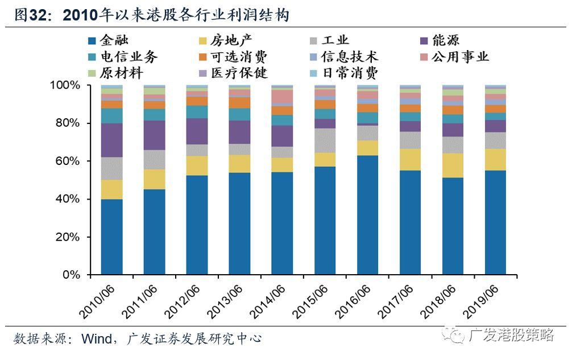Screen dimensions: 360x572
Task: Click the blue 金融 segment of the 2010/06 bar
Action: click(112, 237)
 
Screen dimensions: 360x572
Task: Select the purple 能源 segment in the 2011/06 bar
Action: click(155, 135)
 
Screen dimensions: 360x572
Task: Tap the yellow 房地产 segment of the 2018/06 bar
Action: click(453, 165)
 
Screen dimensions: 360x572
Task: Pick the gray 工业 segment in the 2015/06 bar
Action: click(325, 140)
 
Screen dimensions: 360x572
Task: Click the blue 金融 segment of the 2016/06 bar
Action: click(368, 215)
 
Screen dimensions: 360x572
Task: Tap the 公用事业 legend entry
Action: click(461, 57)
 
